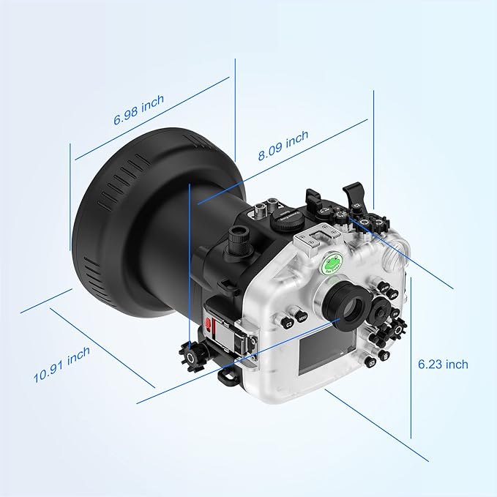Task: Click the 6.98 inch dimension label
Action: pyautogui.click(x=139, y=109)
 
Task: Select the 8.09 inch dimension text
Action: pyautogui.click(x=283, y=145)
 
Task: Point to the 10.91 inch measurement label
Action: pyautogui.click(x=61, y=365)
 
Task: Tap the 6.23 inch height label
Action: pyautogui.click(x=443, y=365)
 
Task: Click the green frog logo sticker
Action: pyautogui.click(x=332, y=263)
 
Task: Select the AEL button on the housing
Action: pyautogui.click(x=393, y=295)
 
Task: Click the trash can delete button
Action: pyautogui.click(x=384, y=355)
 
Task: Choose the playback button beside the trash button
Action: pyautogui.click(x=371, y=362)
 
